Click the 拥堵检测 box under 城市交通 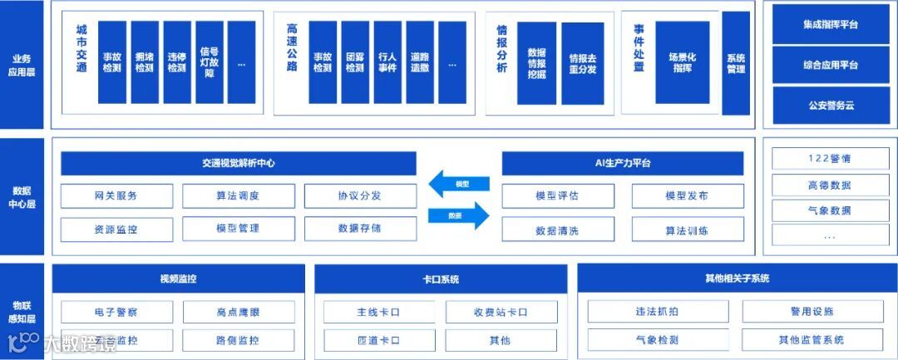click(x=145, y=62)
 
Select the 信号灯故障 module click(x=210, y=62)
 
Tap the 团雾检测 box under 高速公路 click(x=355, y=62)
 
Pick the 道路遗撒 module click(x=420, y=62)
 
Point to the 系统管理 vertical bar click(x=736, y=63)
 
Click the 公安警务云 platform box click(x=831, y=106)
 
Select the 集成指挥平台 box click(x=831, y=24)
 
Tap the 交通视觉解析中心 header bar click(x=238, y=163)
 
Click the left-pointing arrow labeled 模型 click(x=459, y=184)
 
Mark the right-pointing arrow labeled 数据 click(x=459, y=215)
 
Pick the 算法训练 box click(x=687, y=229)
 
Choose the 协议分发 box click(x=359, y=196)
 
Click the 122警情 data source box click(x=830, y=158)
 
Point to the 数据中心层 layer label click(x=22, y=196)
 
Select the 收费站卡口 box click(x=500, y=312)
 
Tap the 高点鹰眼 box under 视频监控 click(x=238, y=312)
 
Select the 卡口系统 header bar click(x=441, y=279)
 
